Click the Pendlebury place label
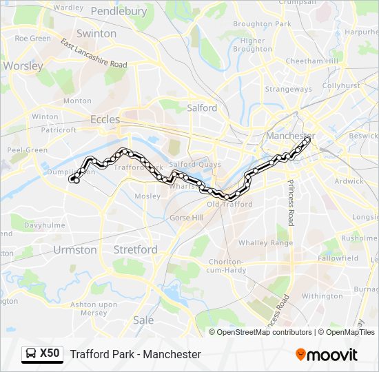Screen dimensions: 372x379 pos(119,11)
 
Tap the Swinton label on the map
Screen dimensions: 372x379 pos(96,33)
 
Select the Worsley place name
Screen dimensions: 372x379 pos(23,66)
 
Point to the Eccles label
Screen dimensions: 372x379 pos(105,119)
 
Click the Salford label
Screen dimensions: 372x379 pos(202,107)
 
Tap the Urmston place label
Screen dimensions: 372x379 pos(75,249)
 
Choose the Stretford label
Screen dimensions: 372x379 pos(135,249)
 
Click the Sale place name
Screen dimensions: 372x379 pos(143,320)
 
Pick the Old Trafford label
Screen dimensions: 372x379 pos(229,204)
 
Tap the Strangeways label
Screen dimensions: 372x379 pos(289,89)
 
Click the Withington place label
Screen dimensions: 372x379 pos(322,296)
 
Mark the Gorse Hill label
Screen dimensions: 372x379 pos(186,218)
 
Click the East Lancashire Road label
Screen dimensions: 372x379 pos(94,53)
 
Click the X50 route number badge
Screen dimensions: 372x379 pos(42,354)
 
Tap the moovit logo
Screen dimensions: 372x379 pos(327,355)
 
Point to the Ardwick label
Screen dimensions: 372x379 pos(348,181)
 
